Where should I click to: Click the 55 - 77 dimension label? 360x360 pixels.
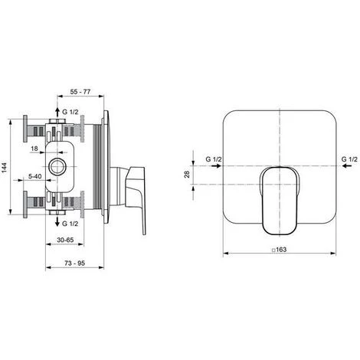pyautogui.click(x=80, y=91)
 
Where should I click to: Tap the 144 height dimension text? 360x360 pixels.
pyautogui.click(x=5, y=167)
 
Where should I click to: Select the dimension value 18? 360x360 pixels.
pyautogui.click(x=34, y=149)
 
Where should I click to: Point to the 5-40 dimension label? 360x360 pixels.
pyautogui.click(x=34, y=176)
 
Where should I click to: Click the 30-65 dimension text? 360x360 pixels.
pyautogui.click(x=65, y=240)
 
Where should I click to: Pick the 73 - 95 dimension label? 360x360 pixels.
pyautogui.click(x=74, y=263)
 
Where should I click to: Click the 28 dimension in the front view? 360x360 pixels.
pyautogui.click(x=187, y=175)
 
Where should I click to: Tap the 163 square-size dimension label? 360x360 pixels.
pyautogui.click(x=280, y=250)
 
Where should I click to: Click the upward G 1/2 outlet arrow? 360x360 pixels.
pyautogui.click(x=57, y=112)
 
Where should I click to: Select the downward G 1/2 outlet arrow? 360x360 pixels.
pyautogui.click(x=57, y=221)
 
